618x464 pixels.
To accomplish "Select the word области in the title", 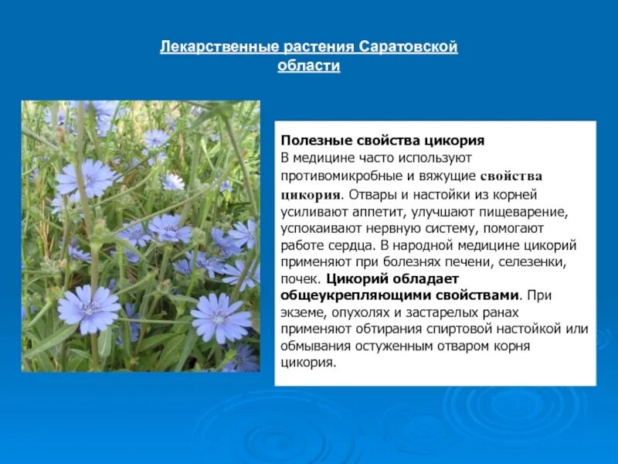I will pyautogui.click(x=308, y=66).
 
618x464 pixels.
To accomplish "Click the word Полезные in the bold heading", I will pyautogui.click(x=312, y=141).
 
